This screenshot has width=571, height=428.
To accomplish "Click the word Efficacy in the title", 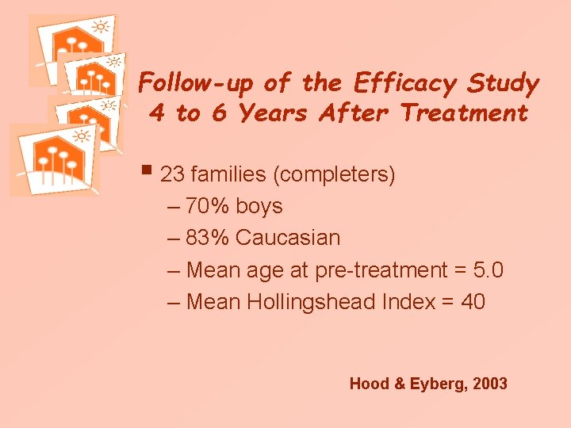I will pos(405,83).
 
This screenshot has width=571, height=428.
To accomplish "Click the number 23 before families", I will pos(172,174).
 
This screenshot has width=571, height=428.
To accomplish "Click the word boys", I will pos(259,206).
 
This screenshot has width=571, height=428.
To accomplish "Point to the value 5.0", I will pos(487,270).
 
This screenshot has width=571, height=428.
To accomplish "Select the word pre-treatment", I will pos(381,270).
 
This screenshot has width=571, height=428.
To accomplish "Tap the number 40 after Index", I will pos(473,302).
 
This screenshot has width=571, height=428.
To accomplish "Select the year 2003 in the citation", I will pos(489,384).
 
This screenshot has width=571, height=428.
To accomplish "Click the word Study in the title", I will pos(504,83).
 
